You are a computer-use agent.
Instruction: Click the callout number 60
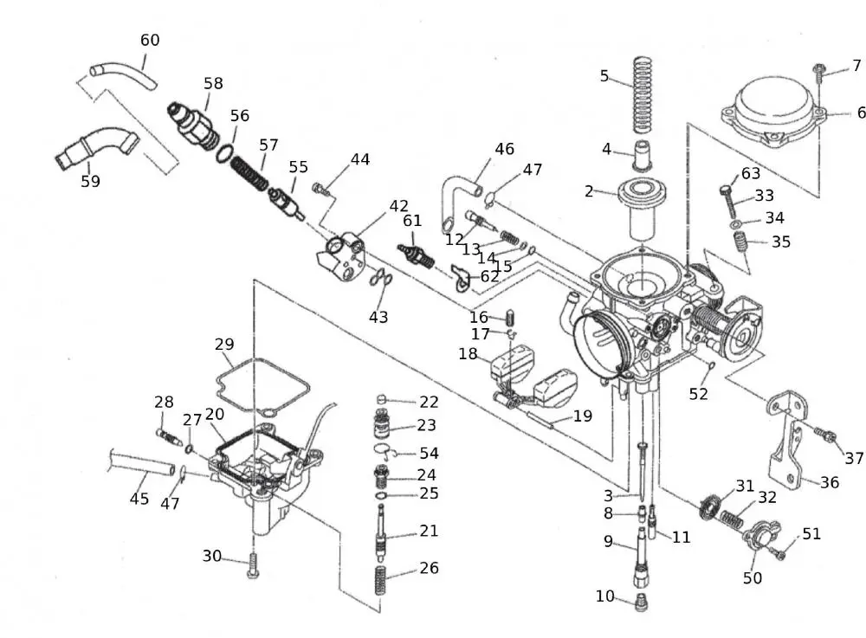pos(150,41)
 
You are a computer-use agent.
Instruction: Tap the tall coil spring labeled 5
pos(642,95)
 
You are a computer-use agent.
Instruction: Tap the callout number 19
pos(583,416)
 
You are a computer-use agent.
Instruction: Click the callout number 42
pos(398,206)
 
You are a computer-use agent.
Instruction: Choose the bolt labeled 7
pos(818,74)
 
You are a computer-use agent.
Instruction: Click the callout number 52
pos(698,394)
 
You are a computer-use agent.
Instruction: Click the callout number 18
pos(468,353)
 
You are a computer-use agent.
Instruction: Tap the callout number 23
pos(427,425)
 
